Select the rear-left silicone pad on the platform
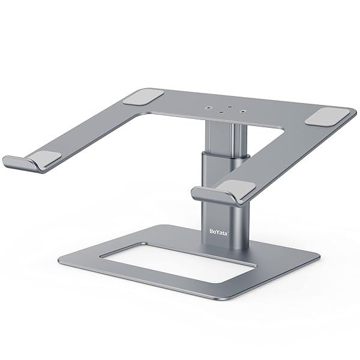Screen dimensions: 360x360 point(146,95)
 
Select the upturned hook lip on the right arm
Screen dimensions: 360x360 point(204,193)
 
